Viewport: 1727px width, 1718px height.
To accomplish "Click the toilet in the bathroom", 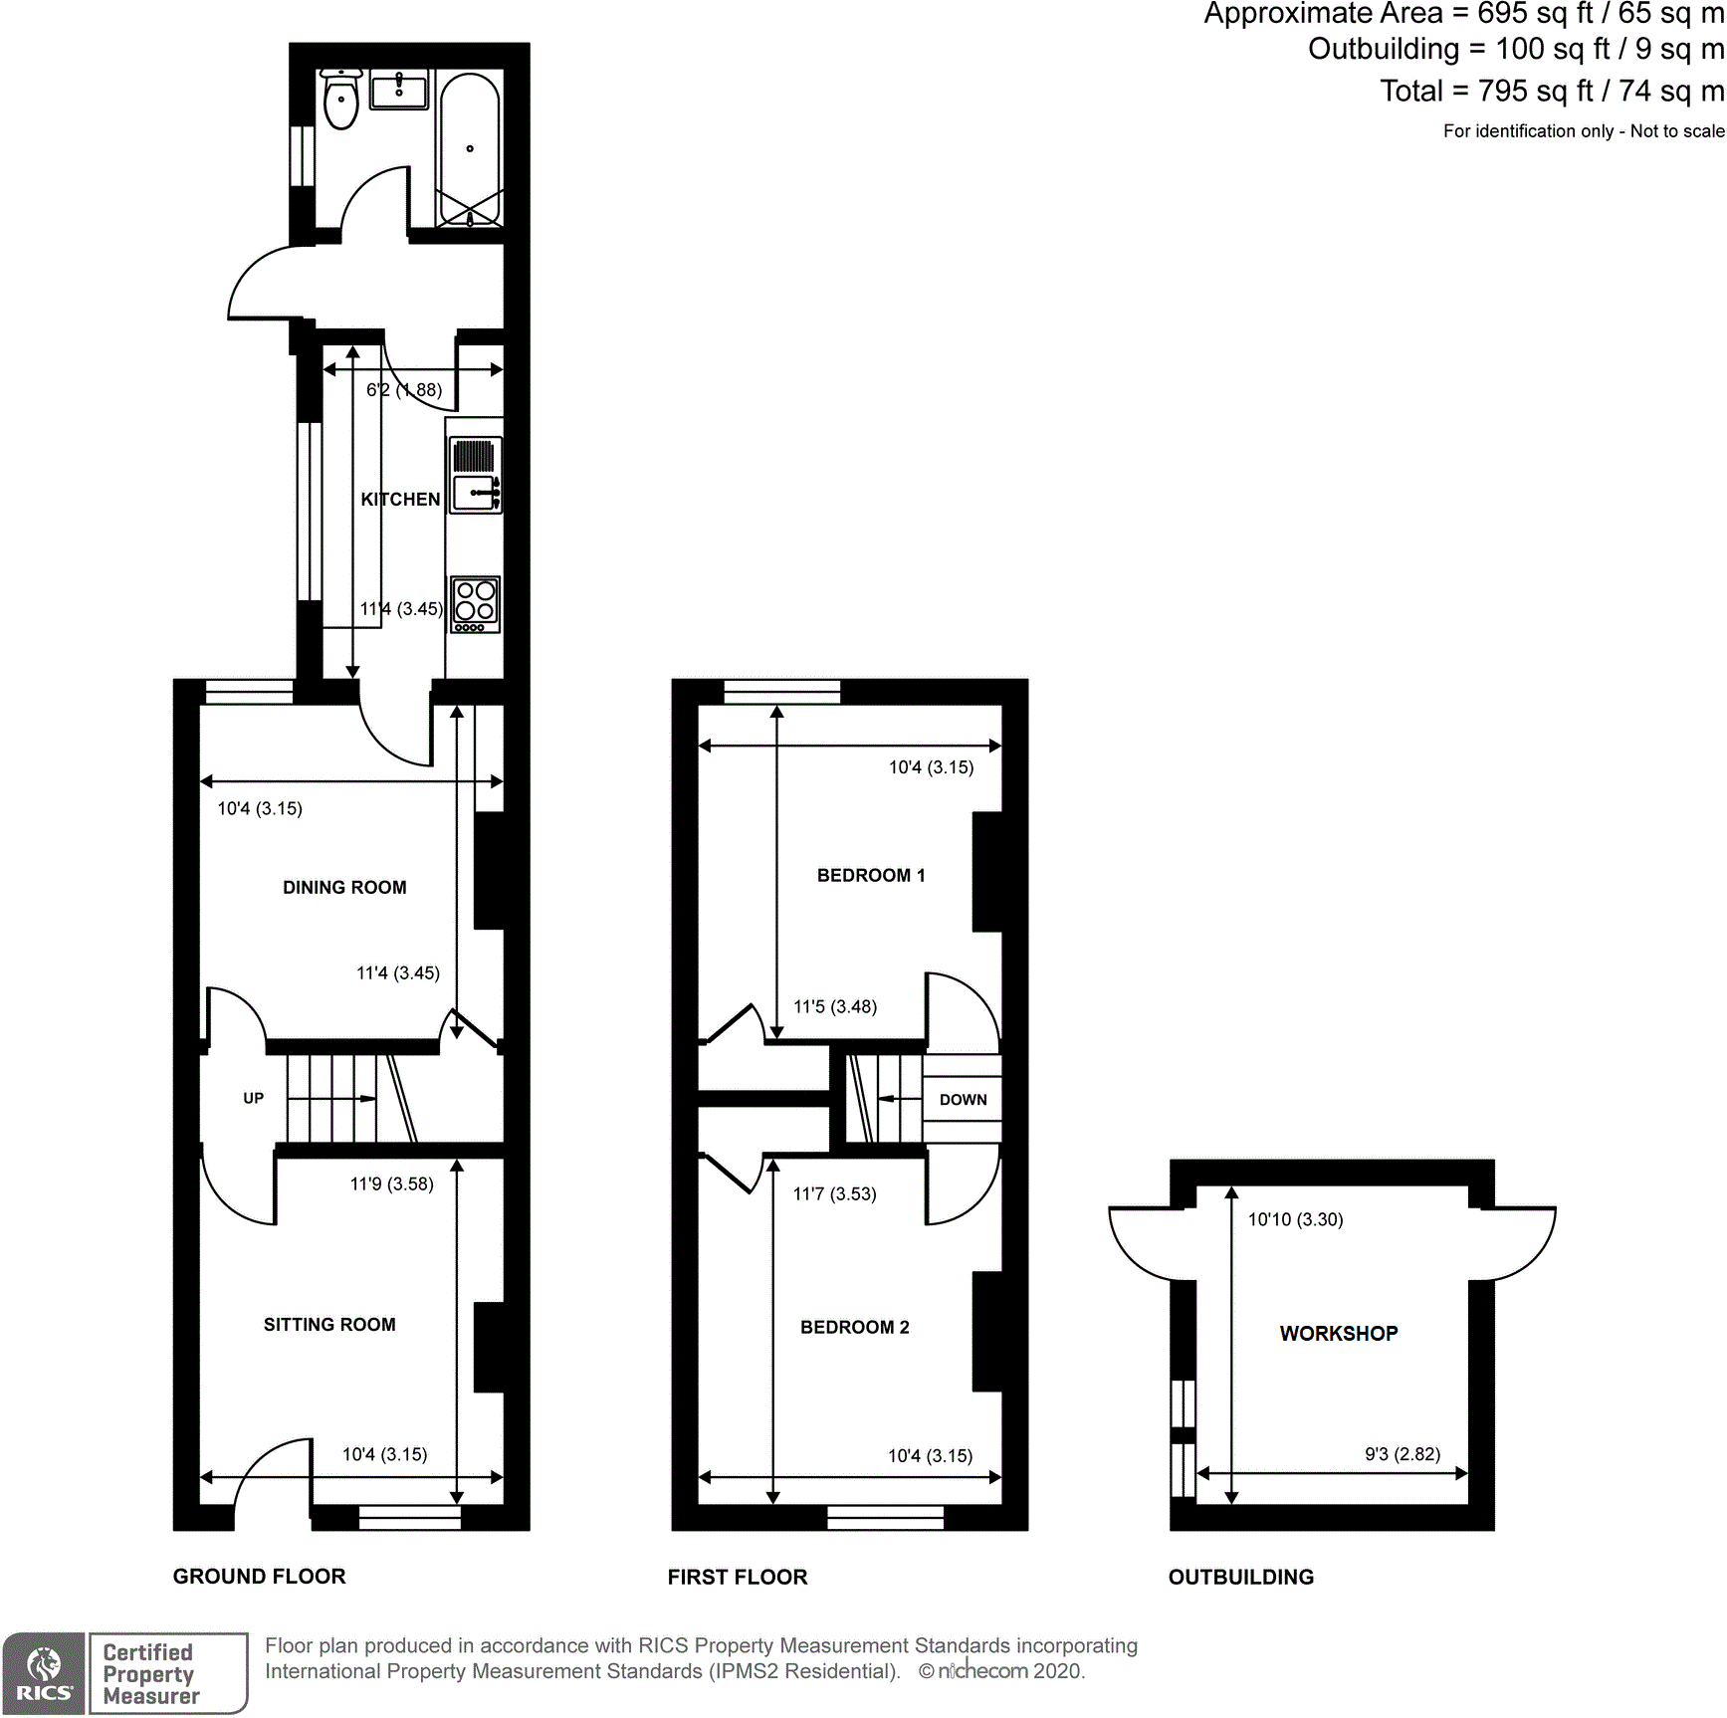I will [341, 101].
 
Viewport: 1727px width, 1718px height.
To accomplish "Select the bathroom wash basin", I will [398, 91].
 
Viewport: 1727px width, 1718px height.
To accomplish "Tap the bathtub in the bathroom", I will [470, 149].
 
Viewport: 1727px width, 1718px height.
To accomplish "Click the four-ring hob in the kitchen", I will [475, 603].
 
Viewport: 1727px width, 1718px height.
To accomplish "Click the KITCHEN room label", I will [400, 499].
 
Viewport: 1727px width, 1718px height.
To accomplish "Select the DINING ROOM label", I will [344, 887].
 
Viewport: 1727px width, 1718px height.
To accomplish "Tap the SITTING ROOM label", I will [329, 1324].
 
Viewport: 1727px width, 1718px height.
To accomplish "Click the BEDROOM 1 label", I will [871, 875].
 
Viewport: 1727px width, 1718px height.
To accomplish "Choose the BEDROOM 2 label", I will [854, 1327].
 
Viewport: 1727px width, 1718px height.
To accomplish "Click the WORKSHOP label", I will [1338, 1333].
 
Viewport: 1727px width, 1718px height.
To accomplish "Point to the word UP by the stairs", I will [253, 1098].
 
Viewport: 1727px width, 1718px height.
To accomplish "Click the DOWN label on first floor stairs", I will [963, 1099].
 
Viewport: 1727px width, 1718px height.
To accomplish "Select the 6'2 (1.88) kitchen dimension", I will [404, 389].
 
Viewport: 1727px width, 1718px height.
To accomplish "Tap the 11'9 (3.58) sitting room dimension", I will [391, 1183].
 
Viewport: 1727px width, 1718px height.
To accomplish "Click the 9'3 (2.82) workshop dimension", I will [1402, 1453].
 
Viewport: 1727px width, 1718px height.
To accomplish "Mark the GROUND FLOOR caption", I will [259, 1576].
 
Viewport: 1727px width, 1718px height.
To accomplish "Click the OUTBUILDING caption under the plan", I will [1240, 1577].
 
